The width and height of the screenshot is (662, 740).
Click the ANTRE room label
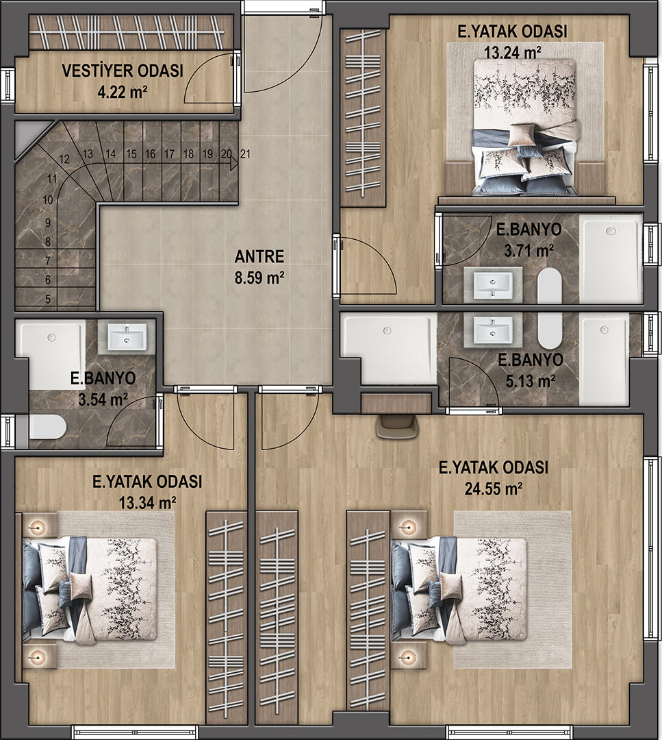coord(259,257)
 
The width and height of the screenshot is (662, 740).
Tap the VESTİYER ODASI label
coord(123,71)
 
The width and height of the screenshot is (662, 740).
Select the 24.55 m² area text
coord(493,489)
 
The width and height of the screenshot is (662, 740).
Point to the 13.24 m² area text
coord(513,52)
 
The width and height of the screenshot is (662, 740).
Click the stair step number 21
coord(245,154)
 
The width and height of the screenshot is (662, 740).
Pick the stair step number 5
coord(48,299)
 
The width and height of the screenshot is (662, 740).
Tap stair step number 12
coord(64,160)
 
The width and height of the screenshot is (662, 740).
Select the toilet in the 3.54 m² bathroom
coord(47,427)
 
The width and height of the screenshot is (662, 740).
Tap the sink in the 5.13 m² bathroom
coord(493,328)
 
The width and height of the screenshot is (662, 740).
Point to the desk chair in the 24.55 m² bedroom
coord(397,426)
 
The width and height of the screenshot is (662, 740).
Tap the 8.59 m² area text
coord(259,277)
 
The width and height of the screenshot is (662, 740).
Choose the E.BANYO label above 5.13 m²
coord(531,360)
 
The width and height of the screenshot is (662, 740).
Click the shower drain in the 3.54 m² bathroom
coord(51,337)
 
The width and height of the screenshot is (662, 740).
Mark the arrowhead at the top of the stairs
coord(234,163)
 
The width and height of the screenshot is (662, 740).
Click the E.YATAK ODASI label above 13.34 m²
coord(147,482)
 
